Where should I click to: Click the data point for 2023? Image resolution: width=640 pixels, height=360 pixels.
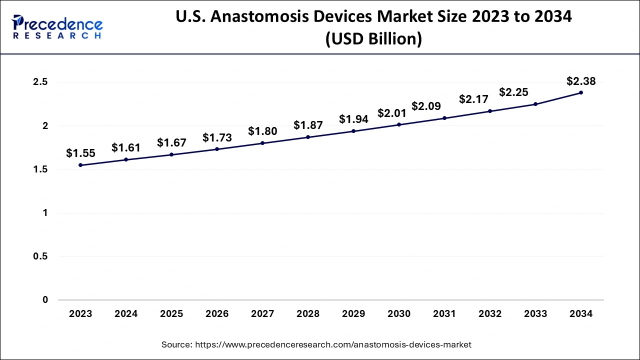click(80, 165)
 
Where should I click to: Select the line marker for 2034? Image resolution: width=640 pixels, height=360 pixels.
click(581, 92)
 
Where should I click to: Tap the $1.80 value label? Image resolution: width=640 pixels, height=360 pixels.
click(262, 131)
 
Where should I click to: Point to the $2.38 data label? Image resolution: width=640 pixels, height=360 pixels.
click(581, 81)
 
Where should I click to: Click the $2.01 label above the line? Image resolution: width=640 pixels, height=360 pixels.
click(392, 113)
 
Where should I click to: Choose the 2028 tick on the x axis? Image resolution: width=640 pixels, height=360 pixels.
click(308, 314)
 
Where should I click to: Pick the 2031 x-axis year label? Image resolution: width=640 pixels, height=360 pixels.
click(444, 314)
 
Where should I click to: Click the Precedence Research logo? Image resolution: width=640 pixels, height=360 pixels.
click(57, 27)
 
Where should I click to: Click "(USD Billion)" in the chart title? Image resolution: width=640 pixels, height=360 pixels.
click(373, 38)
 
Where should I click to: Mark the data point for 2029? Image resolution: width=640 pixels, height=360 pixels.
click(353, 131)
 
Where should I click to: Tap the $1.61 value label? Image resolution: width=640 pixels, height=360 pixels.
click(126, 147)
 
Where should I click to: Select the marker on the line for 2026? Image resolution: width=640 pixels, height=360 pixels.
click(217, 149)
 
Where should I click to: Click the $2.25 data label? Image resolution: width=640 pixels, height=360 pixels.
click(513, 92)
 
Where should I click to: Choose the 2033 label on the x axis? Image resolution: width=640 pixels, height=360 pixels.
click(535, 314)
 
